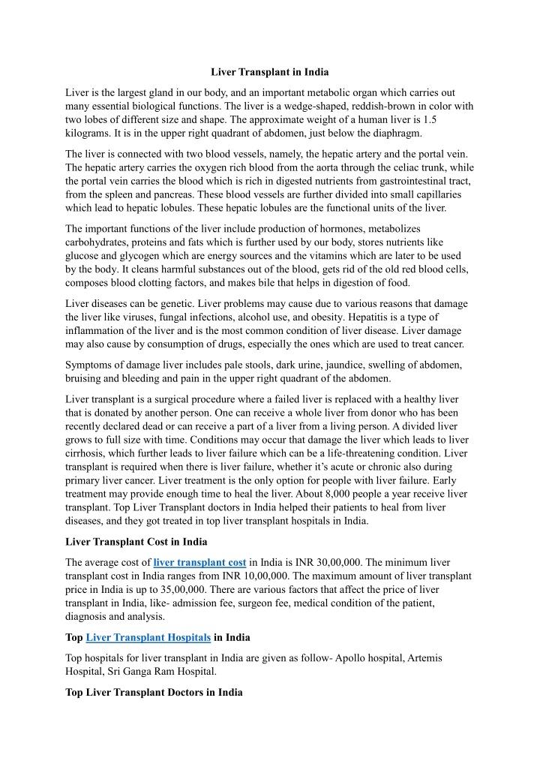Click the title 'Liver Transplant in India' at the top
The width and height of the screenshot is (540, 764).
coord(270,72)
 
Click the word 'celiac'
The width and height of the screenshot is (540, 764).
coord(397,168)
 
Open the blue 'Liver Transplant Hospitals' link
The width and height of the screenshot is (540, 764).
coord(148,638)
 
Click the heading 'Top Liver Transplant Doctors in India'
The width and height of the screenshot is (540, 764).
coord(154,693)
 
